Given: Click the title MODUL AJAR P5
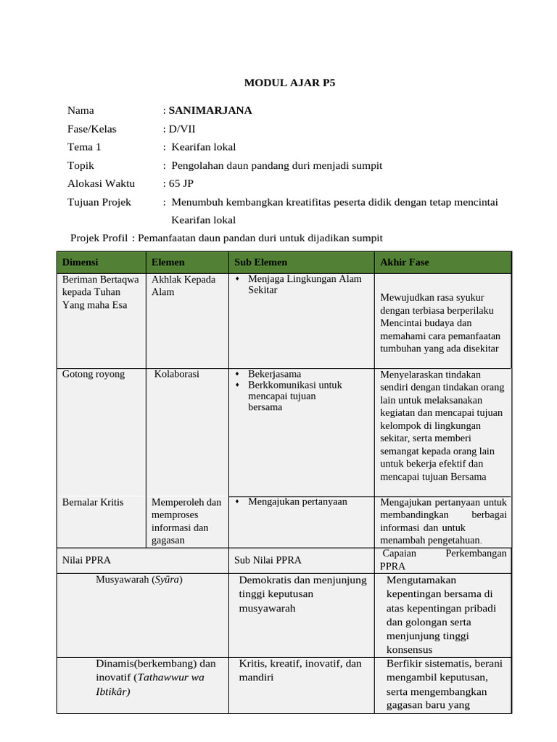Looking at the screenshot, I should click(289, 83).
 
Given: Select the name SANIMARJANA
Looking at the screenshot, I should click(210, 110).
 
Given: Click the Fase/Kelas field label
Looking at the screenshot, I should click(91, 129).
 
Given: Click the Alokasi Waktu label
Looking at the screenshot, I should click(101, 183).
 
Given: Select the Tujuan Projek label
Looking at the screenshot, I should click(99, 202).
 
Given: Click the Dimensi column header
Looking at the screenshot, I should click(80, 262).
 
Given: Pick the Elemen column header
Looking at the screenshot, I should click(168, 262).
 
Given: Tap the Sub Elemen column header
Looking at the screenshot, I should click(260, 262).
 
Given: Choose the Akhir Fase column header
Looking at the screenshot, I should click(404, 262).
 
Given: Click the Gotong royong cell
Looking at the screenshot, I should click(94, 374).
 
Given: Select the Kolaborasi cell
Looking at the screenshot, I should click(176, 374).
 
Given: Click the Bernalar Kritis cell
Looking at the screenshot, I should click(93, 502).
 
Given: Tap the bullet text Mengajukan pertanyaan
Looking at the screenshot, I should click(297, 501).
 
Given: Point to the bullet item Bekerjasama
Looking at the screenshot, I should click(274, 374).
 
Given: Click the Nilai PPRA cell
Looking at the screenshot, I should click(86, 559).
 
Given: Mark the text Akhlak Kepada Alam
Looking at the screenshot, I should click(183, 285).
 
